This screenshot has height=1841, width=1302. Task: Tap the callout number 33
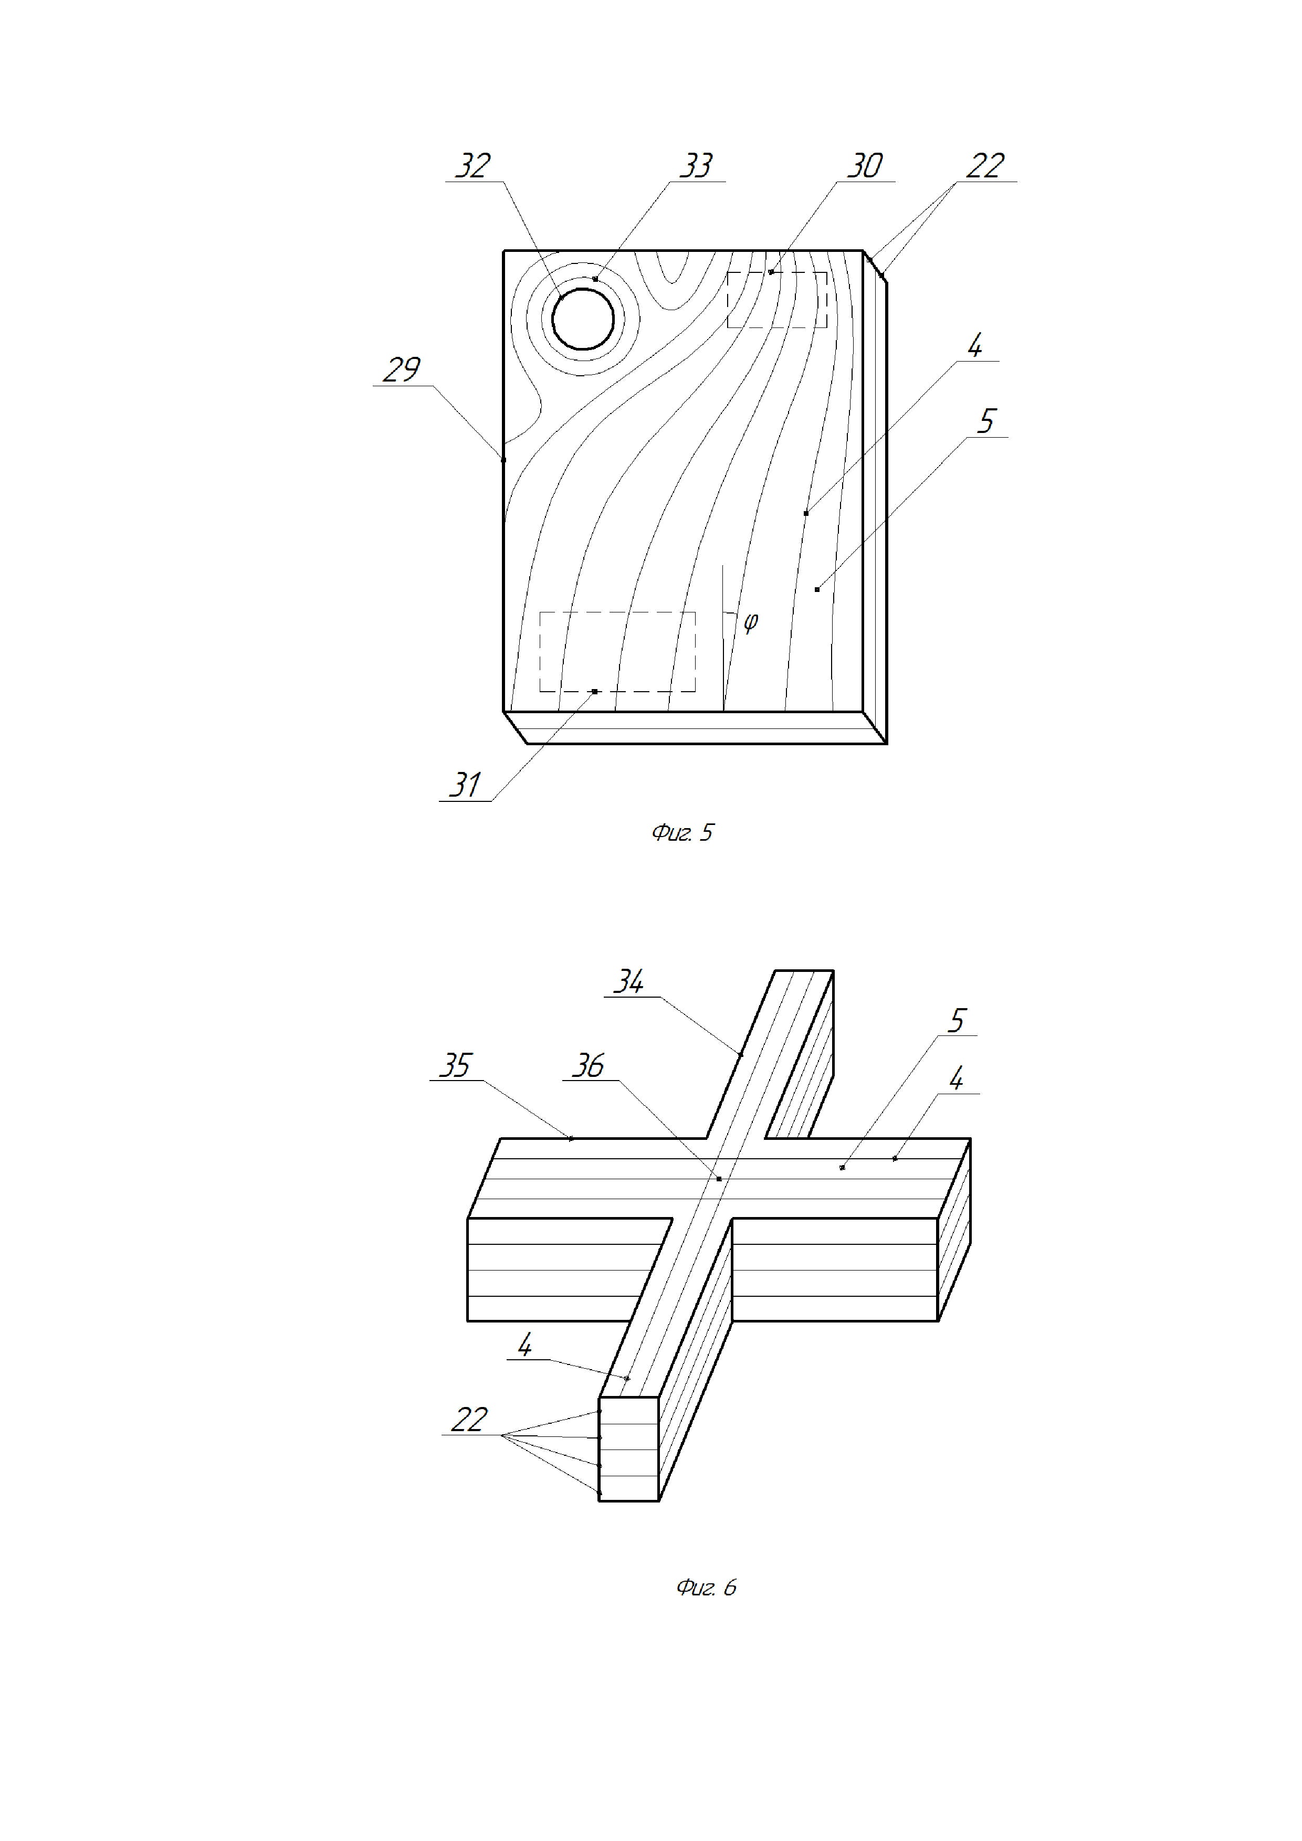click(696, 166)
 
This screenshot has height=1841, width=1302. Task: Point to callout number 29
click(401, 369)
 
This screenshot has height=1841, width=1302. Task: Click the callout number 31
click(465, 784)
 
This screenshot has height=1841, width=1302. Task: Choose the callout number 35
click(455, 1066)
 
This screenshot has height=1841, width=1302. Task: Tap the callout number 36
click(588, 1066)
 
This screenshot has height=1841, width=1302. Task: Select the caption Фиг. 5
click(682, 833)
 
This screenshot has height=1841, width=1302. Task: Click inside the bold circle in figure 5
click(583, 319)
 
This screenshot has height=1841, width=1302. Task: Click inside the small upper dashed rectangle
click(776, 300)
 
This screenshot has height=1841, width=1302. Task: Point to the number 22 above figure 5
click(985, 166)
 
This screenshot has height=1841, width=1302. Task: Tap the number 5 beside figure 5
click(986, 421)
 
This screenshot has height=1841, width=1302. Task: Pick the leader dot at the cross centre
click(719, 1179)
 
